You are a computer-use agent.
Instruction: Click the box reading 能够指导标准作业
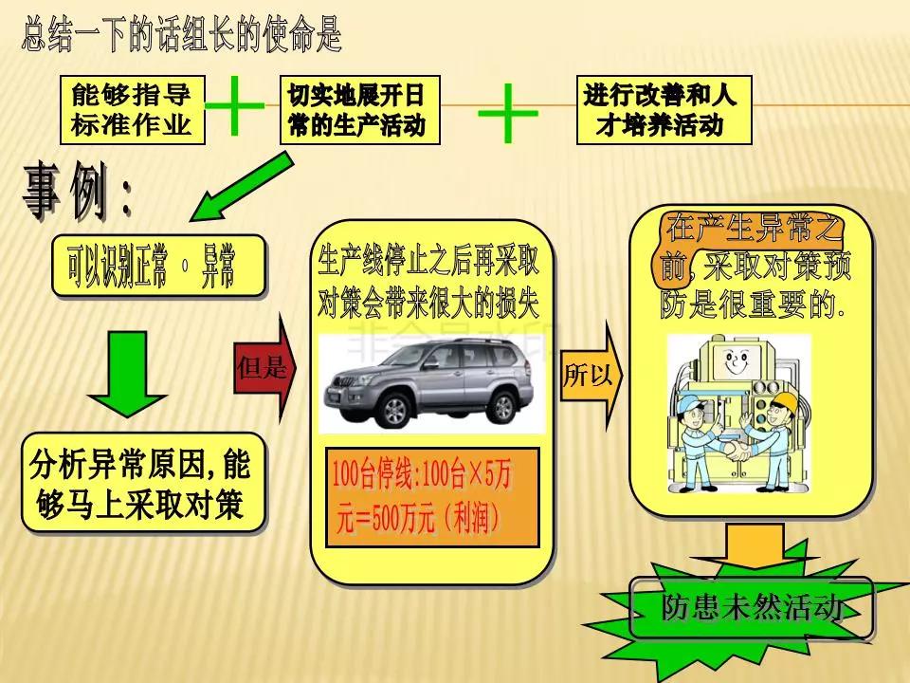point(132,110)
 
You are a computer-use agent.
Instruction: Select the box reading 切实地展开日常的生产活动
point(359,110)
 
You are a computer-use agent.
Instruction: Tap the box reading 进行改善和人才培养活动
point(657,110)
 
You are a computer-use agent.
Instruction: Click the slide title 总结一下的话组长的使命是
point(181,36)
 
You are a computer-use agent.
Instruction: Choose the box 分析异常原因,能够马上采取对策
point(142,482)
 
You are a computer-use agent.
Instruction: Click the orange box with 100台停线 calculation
point(431,497)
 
